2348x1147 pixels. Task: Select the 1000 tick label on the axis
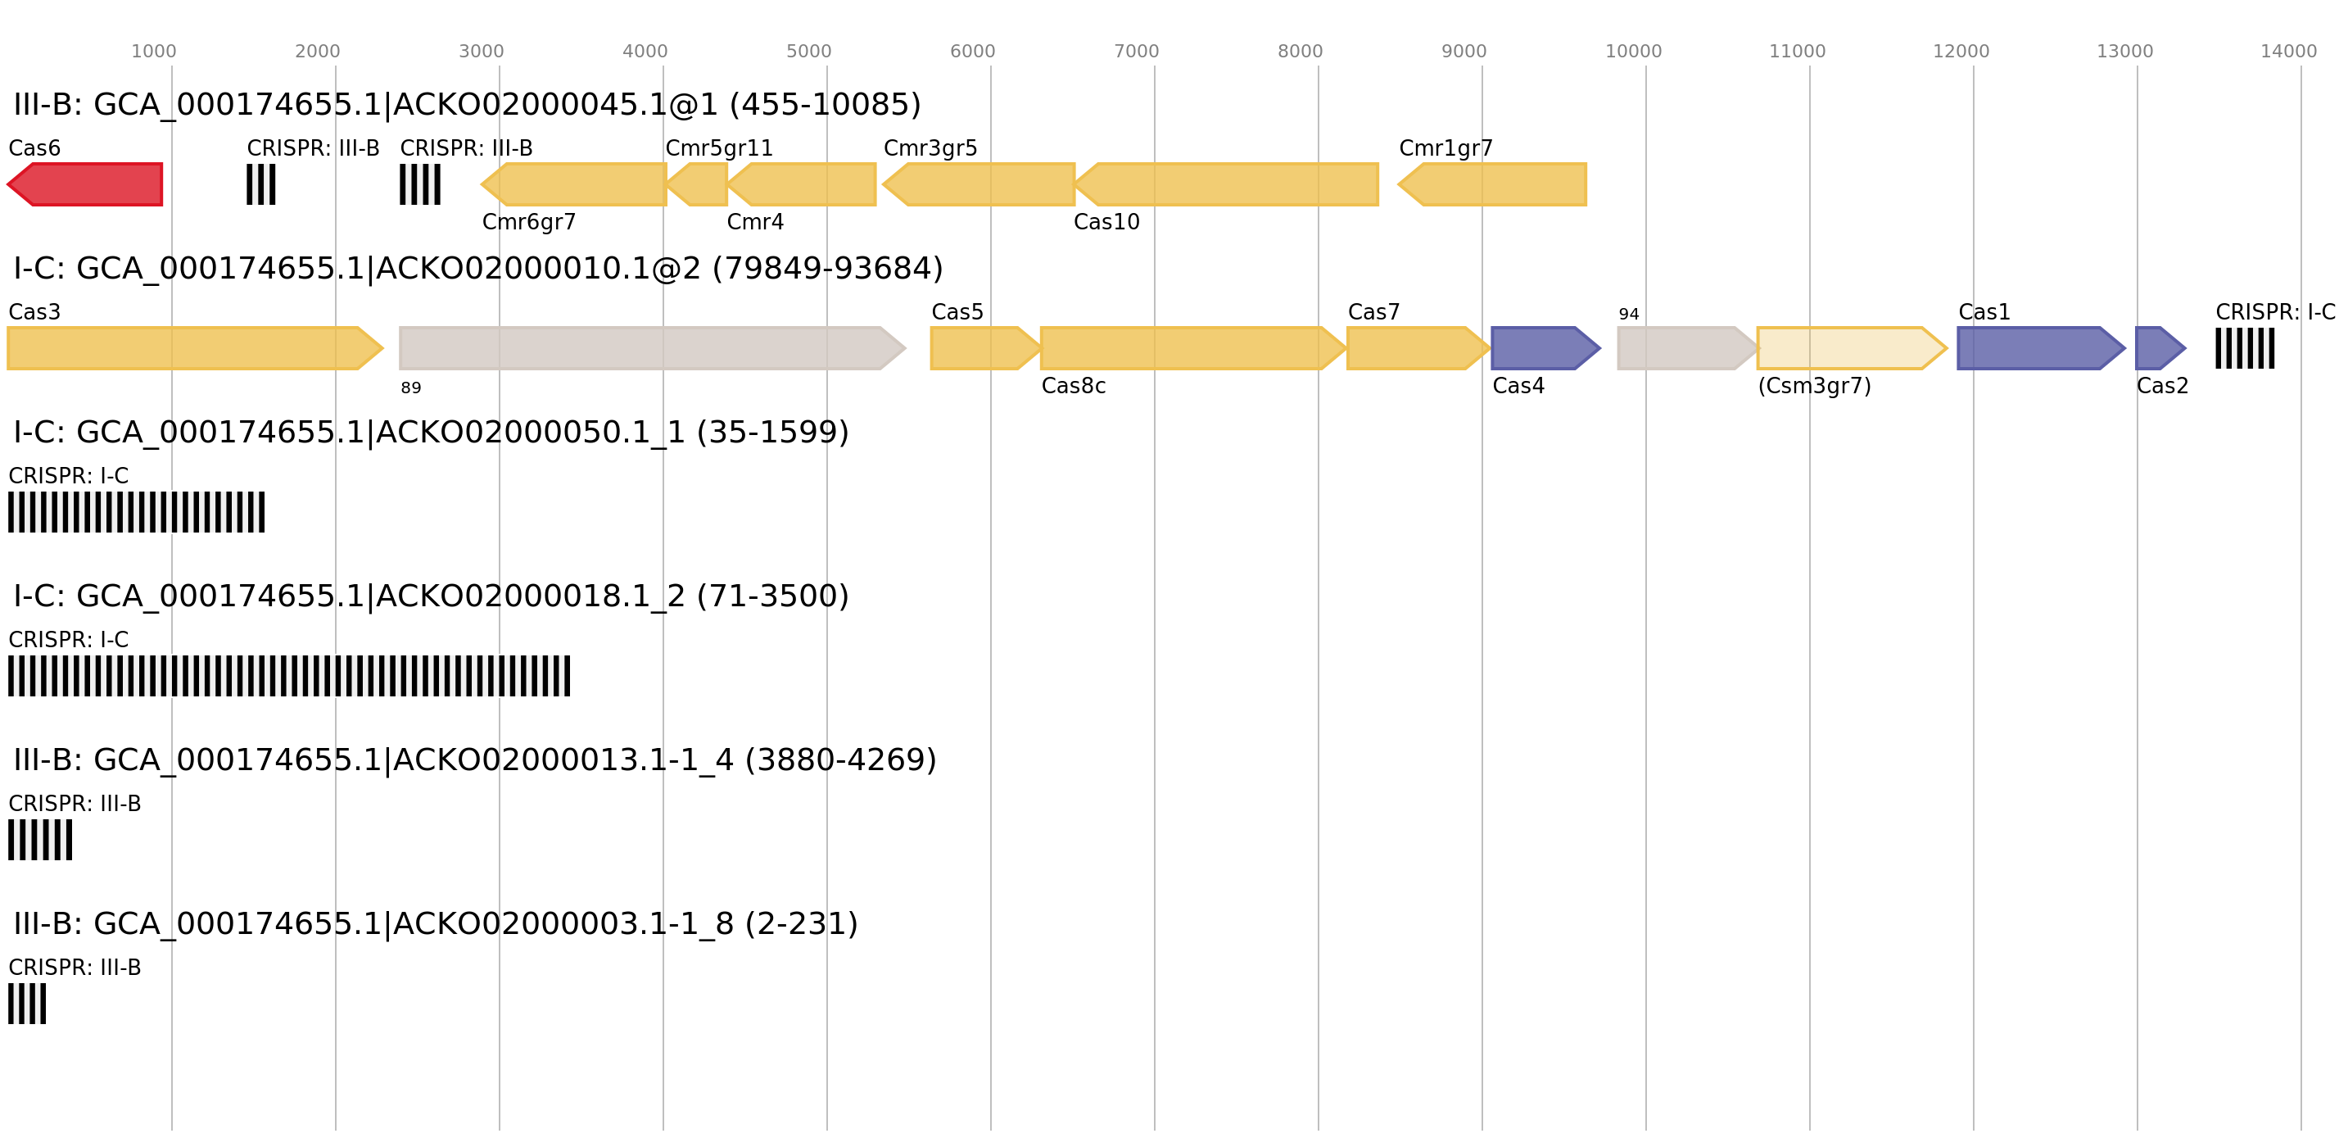click(x=153, y=52)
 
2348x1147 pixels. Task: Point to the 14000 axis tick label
click(x=2288, y=52)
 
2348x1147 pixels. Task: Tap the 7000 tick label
click(x=1136, y=52)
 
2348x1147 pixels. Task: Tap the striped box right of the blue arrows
click(x=2245, y=348)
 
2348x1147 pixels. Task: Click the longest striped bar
click(x=289, y=676)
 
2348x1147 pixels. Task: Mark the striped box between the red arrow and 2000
click(x=261, y=184)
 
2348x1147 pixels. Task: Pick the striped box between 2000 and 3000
click(x=420, y=184)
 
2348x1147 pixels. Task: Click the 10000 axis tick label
click(x=1632, y=52)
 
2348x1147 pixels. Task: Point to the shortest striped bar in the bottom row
click(x=26, y=1003)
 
